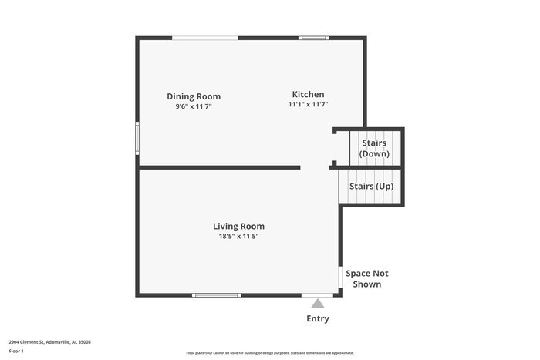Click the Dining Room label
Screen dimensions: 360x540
point(194,96)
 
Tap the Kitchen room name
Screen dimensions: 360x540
point(308,94)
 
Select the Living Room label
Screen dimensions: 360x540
point(238,226)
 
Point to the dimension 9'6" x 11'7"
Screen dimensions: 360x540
point(194,106)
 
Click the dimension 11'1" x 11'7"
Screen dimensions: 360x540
point(309,104)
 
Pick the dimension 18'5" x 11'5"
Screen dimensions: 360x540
point(238,236)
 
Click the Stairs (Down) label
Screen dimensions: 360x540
point(374,148)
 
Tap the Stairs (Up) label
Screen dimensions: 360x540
point(372,187)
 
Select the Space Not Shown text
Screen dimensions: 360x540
point(366,278)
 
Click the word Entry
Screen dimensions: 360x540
point(318,318)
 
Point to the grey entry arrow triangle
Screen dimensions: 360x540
point(318,304)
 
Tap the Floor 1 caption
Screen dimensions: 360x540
point(17,352)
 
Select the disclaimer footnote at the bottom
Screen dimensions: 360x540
point(270,352)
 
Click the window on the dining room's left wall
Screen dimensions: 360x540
point(137,139)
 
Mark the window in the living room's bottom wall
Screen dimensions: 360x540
point(216,294)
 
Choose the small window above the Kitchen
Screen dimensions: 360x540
point(314,38)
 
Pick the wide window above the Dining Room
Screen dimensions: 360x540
point(204,38)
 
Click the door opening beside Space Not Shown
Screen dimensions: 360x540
point(340,276)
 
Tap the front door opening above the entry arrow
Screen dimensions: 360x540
point(318,294)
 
